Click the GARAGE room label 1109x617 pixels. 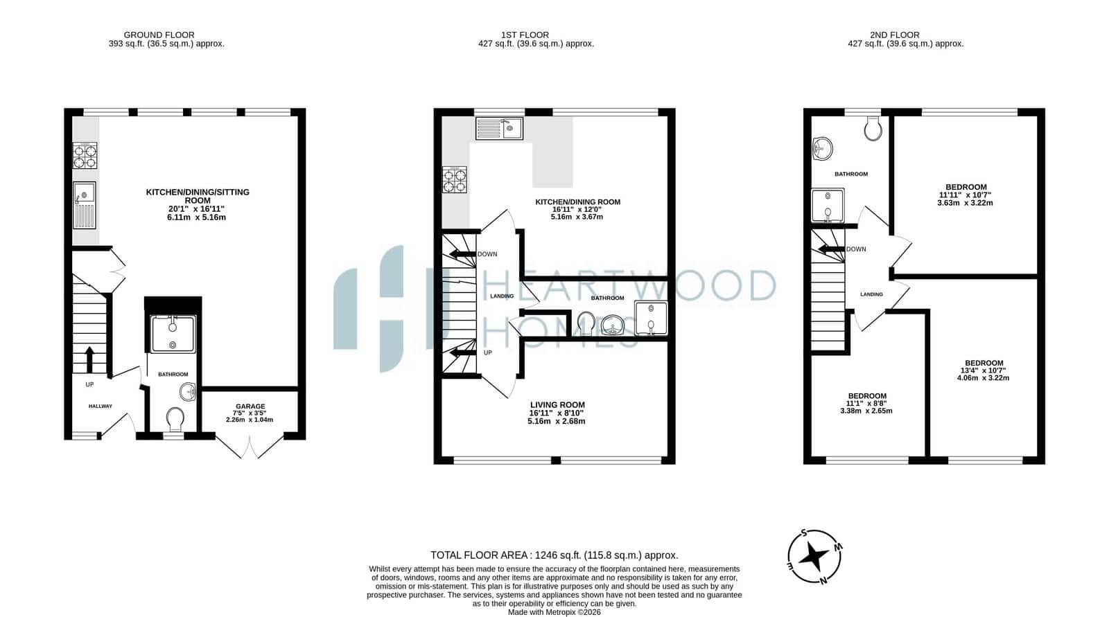[x=250, y=406]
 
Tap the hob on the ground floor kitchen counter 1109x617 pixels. [x=85, y=156]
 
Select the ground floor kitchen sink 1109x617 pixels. [x=85, y=206]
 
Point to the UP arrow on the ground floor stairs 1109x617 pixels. [x=89, y=359]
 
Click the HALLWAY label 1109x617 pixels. [x=100, y=406]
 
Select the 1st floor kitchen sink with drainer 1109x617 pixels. [x=499, y=129]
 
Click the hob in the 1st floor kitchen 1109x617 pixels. [x=455, y=179]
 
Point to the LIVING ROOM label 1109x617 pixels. [x=557, y=404]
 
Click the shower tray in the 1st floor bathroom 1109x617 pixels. [x=651, y=319]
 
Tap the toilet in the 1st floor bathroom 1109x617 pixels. [x=586, y=323]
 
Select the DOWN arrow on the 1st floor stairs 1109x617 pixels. [x=461, y=254]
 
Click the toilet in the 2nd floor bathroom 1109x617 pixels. [x=873, y=129]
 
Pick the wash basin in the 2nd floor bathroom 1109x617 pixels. [x=822, y=148]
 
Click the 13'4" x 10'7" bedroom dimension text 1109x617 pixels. [x=984, y=370]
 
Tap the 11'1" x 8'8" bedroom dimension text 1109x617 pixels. [x=866, y=403]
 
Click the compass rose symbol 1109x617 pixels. [x=814, y=556]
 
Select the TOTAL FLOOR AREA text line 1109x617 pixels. [x=554, y=555]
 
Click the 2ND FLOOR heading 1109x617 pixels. [x=895, y=35]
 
